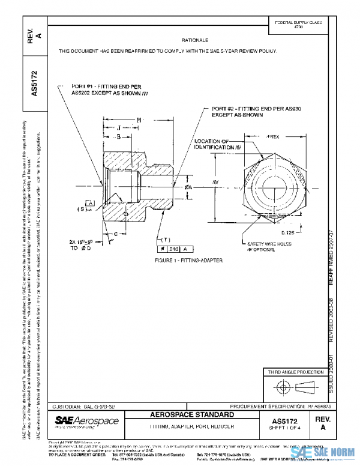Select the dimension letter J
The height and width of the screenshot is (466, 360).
[x=119, y=128]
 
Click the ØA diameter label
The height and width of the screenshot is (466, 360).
[x=188, y=187]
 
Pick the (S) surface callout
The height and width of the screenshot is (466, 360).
[x=80, y=209]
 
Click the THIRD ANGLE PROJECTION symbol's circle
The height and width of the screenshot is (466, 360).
[x=287, y=386]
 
